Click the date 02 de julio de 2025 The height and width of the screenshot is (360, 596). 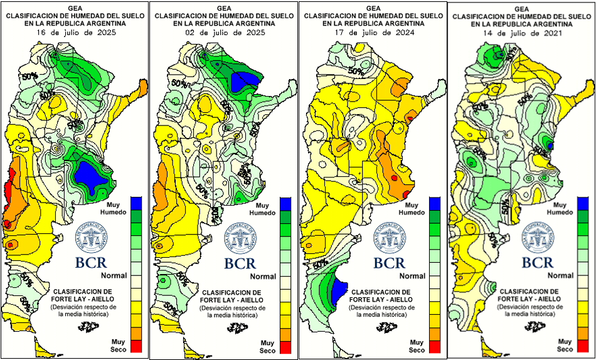tap(224, 30)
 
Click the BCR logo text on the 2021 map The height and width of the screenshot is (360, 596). tap(538, 262)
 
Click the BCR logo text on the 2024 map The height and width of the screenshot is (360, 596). tap(391, 262)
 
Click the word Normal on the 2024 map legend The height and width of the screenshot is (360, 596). tap(412, 276)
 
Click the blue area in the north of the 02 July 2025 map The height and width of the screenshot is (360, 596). tap(245, 81)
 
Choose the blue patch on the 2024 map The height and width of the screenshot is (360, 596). tap(338, 289)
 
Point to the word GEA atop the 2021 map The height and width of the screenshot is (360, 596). tap(520, 8)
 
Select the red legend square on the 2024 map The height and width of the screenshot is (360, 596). tap(435, 344)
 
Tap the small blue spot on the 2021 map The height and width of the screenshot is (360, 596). tap(550, 146)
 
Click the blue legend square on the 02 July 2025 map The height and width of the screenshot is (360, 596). tap(285, 203)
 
